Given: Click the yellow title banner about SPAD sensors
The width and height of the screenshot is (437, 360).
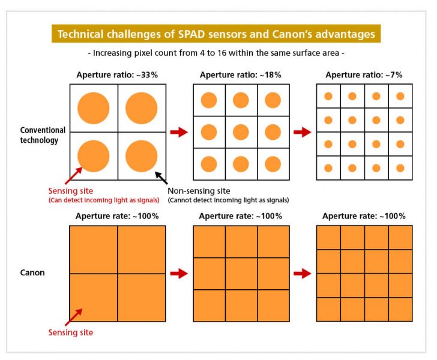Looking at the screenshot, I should click(217, 34).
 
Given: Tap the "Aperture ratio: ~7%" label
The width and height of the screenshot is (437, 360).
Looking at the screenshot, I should click(364, 75).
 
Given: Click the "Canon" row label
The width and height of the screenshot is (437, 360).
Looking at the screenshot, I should click(32, 273).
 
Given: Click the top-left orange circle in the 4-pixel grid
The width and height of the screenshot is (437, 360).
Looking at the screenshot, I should click(94, 108).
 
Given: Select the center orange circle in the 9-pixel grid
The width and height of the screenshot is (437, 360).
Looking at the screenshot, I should click(241, 132).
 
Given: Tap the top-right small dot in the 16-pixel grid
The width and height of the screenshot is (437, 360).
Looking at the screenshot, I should click(400, 96).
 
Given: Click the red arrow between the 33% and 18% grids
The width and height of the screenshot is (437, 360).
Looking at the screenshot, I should click(179, 132).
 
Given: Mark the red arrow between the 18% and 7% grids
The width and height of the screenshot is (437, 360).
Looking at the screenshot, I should click(303, 132).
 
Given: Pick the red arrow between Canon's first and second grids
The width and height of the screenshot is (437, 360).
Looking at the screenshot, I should click(179, 274).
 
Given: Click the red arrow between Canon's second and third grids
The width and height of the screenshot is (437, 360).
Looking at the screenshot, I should click(303, 274).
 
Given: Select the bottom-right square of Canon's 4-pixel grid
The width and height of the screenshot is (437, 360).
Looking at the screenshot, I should click(141, 298).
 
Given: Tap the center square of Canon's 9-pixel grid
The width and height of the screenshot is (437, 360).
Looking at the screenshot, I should click(241, 274).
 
